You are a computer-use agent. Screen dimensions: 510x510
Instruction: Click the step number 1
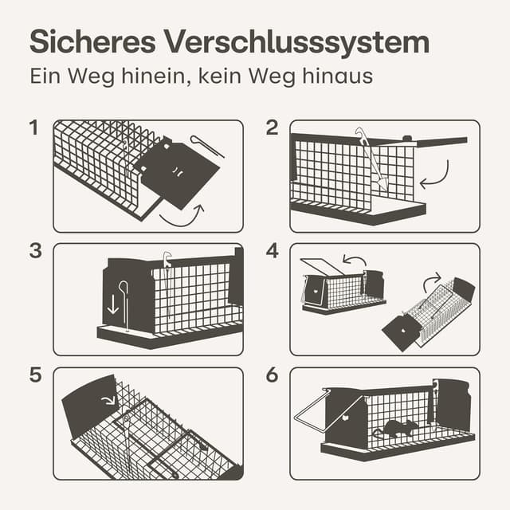pyautogui.click(x=33, y=127)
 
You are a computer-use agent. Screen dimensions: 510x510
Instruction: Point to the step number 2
pyautogui.click(x=273, y=127)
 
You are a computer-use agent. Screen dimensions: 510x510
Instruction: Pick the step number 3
pyautogui.click(x=34, y=250)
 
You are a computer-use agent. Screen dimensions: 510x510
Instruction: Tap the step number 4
pyautogui.click(x=273, y=250)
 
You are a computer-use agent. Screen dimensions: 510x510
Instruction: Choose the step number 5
pyautogui.click(x=34, y=375)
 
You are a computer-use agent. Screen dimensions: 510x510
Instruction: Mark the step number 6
pyautogui.click(x=273, y=375)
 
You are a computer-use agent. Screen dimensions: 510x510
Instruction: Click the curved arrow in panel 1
pyautogui.click(x=182, y=215)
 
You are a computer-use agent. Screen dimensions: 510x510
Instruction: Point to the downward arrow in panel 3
pyautogui.click(x=113, y=304)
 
